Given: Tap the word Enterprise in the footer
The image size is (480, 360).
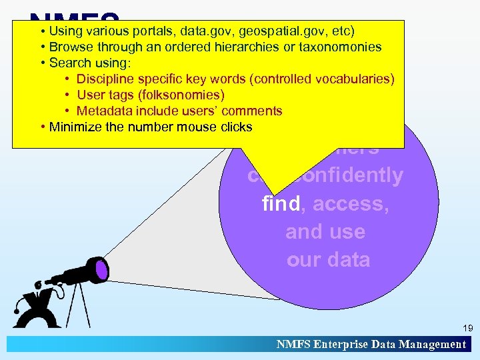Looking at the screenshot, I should point(339,345).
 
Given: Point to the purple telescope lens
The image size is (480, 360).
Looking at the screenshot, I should point(101,269).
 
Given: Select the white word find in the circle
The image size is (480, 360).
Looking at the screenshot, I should point(282,203).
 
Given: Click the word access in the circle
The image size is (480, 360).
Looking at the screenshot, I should point(351,203).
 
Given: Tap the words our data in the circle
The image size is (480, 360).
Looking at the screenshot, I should point(328,259).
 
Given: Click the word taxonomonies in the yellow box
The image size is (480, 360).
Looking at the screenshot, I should point(340,47).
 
